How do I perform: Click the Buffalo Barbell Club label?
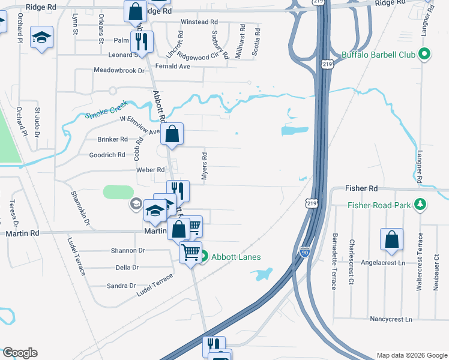[x=378, y=55]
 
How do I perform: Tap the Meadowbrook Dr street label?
[x=120, y=70]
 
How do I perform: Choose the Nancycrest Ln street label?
[x=391, y=319]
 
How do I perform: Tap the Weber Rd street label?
[x=151, y=170]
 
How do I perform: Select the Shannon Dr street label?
[x=128, y=250]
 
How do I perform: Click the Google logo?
[x=20, y=353]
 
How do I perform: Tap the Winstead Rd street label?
[x=199, y=22]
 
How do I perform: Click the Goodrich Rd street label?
[x=107, y=154]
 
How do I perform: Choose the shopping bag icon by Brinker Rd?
[x=172, y=136]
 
